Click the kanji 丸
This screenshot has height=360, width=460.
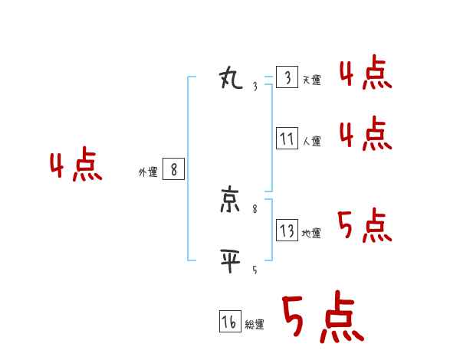point(231,77)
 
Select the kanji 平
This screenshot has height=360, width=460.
point(231,260)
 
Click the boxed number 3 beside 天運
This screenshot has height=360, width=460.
point(287,78)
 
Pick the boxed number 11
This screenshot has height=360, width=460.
point(287,139)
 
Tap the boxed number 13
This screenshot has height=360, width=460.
point(287,231)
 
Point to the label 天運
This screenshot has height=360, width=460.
point(311,80)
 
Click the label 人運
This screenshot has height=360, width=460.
point(311,141)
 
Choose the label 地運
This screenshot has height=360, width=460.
point(311,234)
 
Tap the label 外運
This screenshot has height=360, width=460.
point(147,172)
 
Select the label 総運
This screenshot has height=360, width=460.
point(255,325)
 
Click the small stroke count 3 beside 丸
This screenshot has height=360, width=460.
point(255,87)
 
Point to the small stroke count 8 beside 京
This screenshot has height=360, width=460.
point(255,208)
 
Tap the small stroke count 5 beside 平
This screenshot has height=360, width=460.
point(255,270)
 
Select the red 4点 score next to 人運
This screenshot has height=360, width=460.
point(365,134)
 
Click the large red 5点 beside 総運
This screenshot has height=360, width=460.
point(322,318)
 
